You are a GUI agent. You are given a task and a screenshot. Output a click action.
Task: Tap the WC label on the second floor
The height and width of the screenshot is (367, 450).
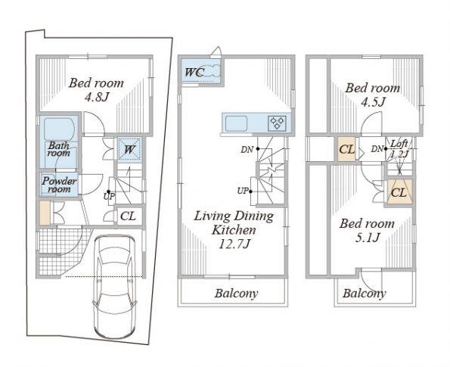point(193,73)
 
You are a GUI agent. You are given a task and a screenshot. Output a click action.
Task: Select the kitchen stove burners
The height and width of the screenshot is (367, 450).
point(275,122)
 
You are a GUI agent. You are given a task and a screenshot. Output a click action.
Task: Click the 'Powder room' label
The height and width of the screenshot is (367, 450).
point(58,185)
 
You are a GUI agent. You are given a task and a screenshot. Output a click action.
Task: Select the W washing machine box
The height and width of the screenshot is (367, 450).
point(129,149)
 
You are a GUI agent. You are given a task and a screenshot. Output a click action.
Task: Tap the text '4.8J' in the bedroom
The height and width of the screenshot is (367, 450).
point(96,98)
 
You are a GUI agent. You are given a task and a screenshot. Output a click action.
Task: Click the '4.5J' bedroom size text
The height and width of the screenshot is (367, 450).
point(372,102)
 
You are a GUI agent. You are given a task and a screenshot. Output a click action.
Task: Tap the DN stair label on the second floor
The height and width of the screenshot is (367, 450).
point(247,149)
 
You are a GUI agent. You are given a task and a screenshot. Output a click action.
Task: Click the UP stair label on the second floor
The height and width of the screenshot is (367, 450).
point(244,190)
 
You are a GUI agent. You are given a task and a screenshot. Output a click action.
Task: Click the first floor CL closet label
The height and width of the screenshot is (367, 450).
point(129,216)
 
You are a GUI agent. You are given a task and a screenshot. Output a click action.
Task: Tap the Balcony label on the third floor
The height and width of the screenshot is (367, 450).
point(365,293)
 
